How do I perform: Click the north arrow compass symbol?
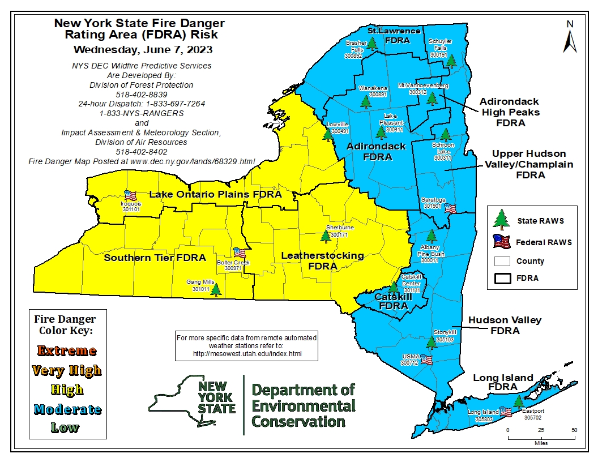[x=570, y=37]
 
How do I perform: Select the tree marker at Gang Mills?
[x=215, y=289]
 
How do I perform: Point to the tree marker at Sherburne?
[x=326, y=236]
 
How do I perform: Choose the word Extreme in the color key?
[x=65, y=351]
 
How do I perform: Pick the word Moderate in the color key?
[x=67, y=409]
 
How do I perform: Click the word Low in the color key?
[x=64, y=427]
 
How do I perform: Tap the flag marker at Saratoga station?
[x=451, y=208]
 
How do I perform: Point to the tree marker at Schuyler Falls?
[x=451, y=61]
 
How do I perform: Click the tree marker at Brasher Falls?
[x=371, y=44]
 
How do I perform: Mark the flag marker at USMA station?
[x=426, y=360]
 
